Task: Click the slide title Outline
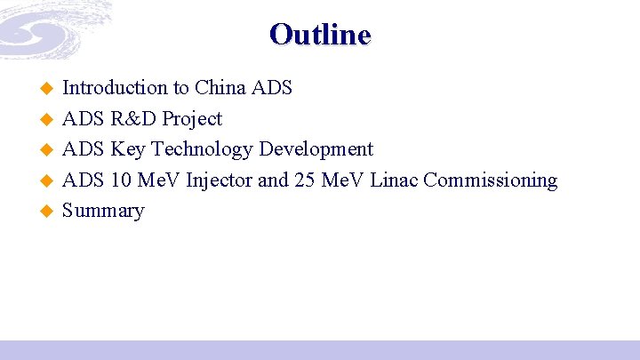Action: tap(320, 35)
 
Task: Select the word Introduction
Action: tap(115, 88)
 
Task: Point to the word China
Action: tap(220, 88)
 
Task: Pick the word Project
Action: tap(192, 119)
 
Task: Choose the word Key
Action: tap(127, 149)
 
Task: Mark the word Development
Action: tap(316, 149)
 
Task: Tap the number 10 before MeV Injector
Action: tap(123, 180)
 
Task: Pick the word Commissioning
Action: tap(491, 180)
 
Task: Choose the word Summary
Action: tap(103, 212)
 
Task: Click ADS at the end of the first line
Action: tap(272, 88)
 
